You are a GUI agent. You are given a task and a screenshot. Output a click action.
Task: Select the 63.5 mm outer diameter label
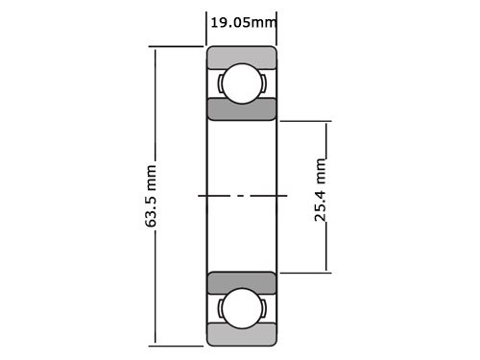coord(151,196)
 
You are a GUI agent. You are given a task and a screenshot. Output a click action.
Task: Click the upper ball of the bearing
coord(241,84)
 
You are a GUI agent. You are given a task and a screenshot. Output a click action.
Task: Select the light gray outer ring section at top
coord(241,56)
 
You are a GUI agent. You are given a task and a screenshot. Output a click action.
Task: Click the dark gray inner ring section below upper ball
coord(241,108)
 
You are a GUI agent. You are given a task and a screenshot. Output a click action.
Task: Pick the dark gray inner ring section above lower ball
coord(241,283)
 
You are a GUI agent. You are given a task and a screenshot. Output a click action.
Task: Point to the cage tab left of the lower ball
coord(222,310)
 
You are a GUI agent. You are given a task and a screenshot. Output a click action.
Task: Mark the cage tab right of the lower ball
coord(261,310)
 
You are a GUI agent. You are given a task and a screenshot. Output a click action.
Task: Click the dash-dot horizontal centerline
coord(242,196)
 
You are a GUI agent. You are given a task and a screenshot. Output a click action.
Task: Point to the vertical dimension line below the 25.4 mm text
coord(326,248)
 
